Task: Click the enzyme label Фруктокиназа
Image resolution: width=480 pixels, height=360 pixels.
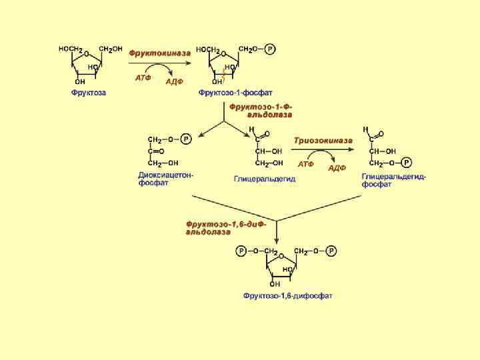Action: pyautogui.click(x=160, y=53)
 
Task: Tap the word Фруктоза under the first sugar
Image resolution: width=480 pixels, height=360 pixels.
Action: pyautogui.click(x=89, y=93)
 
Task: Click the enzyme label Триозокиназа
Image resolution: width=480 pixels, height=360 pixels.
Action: pyautogui.click(x=323, y=140)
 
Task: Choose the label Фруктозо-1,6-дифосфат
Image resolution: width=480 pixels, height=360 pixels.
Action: pyautogui.click(x=288, y=295)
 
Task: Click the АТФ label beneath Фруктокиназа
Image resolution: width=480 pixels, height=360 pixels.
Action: pyautogui.click(x=143, y=78)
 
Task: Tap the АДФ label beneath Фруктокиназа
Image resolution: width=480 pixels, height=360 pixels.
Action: pyautogui.click(x=175, y=82)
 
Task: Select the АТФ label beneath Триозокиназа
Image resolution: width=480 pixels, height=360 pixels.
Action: pyautogui.click(x=305, y=163)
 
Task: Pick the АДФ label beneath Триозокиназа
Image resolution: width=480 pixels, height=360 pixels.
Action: pyautogui.click(x=337, y=168)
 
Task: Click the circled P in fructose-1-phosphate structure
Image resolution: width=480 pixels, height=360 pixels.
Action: pyautogui.click(x=270, y=49)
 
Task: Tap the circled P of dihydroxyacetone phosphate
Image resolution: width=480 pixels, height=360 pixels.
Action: pyautogui.click(x=186, y=139)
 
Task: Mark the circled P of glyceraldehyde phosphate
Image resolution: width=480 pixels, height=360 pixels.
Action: pyautogui.click(x=407, y=162)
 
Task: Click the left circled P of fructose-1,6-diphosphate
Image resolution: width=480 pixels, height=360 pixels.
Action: pyautogui.click(x=241, y=251)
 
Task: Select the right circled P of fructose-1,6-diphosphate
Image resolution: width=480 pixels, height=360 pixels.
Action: pyautogui.click(x=331, y=251)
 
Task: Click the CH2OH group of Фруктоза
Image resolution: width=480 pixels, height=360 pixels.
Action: pyautogui.click(x=111, y=49)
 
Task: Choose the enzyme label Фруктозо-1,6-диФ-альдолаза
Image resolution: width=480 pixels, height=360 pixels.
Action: pyautogui.click(x=227, y=228)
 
